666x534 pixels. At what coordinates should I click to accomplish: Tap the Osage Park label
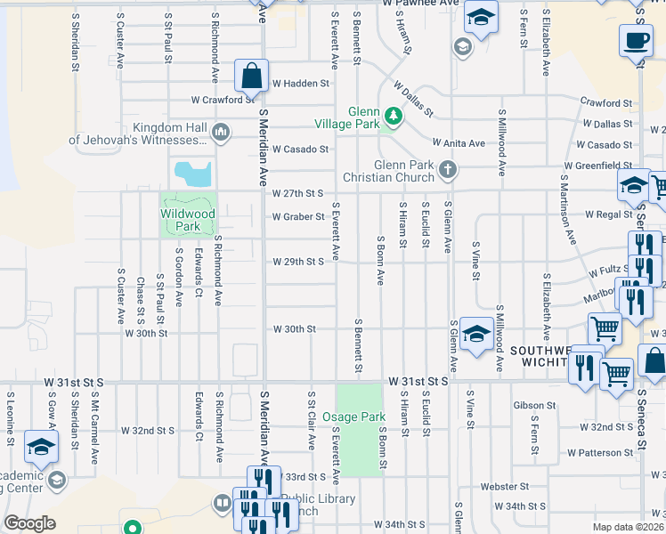[x=361, y=417]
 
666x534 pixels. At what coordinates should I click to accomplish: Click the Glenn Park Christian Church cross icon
[x=448, y=169]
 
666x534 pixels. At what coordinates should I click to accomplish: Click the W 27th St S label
[x=297, y=193]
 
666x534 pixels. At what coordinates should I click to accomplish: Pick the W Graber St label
[x=297, y=216]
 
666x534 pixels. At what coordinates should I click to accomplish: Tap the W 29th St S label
[x=297, y=262]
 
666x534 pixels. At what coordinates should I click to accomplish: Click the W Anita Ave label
[x=459, y=143]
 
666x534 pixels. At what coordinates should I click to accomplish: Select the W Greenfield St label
[x=597, y=166]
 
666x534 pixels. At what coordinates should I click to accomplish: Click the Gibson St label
[x=534, y=405]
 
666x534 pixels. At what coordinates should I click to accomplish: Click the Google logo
[x=29, y=523]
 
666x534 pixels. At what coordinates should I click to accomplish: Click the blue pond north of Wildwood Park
[x=193, y=173]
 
